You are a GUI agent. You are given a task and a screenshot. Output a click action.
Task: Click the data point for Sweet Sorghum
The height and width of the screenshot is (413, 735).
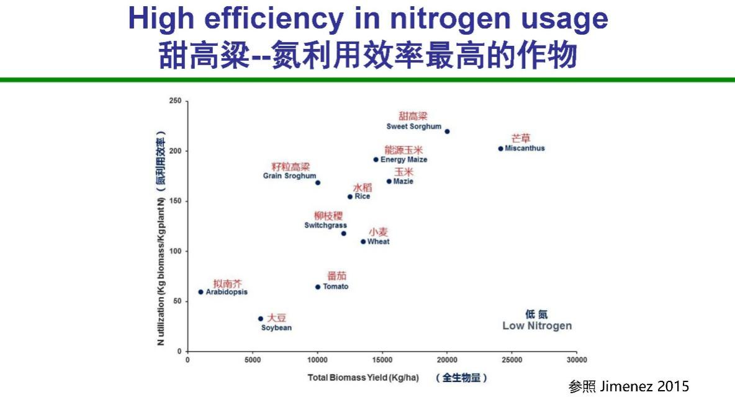(447, 131)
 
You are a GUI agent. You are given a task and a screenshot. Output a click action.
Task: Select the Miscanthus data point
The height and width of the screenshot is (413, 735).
(500, 149)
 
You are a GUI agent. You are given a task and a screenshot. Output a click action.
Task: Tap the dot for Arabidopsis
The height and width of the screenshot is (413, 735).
(201, 292)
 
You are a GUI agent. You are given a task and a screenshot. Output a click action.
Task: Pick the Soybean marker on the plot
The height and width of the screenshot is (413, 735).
(261, 319)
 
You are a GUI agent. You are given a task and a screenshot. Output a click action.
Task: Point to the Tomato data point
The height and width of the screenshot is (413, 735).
(318, 287)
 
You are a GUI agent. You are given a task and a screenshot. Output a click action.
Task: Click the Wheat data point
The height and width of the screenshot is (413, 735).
(363, 242)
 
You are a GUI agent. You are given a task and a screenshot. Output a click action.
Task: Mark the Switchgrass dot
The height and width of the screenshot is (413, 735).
(343, 234)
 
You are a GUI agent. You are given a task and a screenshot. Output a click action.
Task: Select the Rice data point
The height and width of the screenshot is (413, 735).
(350, 197)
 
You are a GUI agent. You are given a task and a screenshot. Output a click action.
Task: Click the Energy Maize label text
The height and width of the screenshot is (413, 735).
(404, 160)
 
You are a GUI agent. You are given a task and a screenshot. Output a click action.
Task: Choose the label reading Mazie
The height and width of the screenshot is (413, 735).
(403, 182)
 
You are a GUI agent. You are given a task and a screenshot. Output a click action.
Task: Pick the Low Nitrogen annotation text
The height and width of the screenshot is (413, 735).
(537, 326)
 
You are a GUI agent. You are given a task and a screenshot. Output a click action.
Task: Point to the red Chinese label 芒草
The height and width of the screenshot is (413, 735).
(521, 138)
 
